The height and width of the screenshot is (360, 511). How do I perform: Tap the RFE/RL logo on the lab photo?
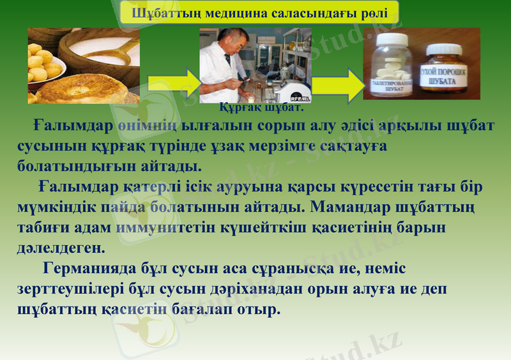(x=299, y=98)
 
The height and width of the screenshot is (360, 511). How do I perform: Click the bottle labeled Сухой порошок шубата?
(x=446, y=69)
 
